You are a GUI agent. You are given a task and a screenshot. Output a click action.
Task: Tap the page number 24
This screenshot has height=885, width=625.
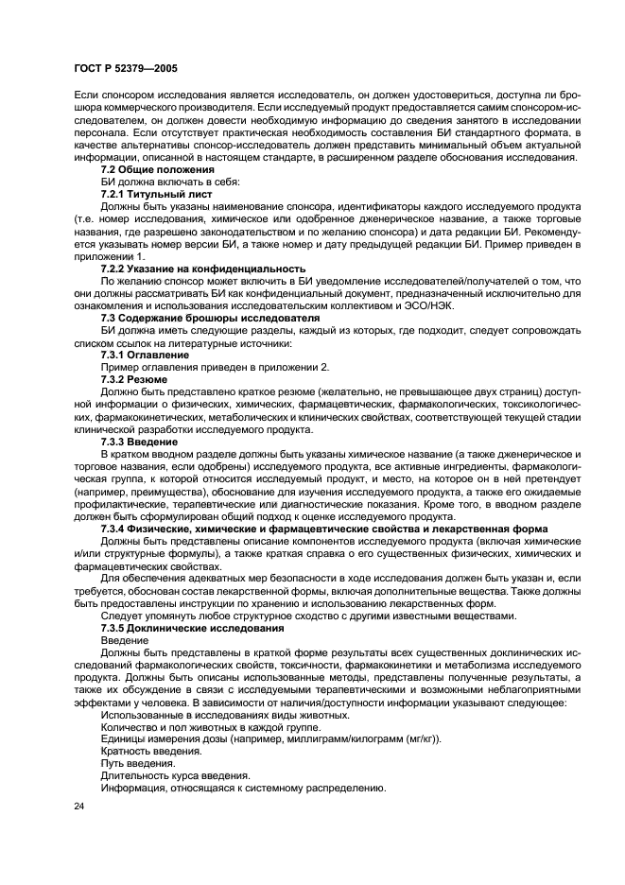click(78, 806)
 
